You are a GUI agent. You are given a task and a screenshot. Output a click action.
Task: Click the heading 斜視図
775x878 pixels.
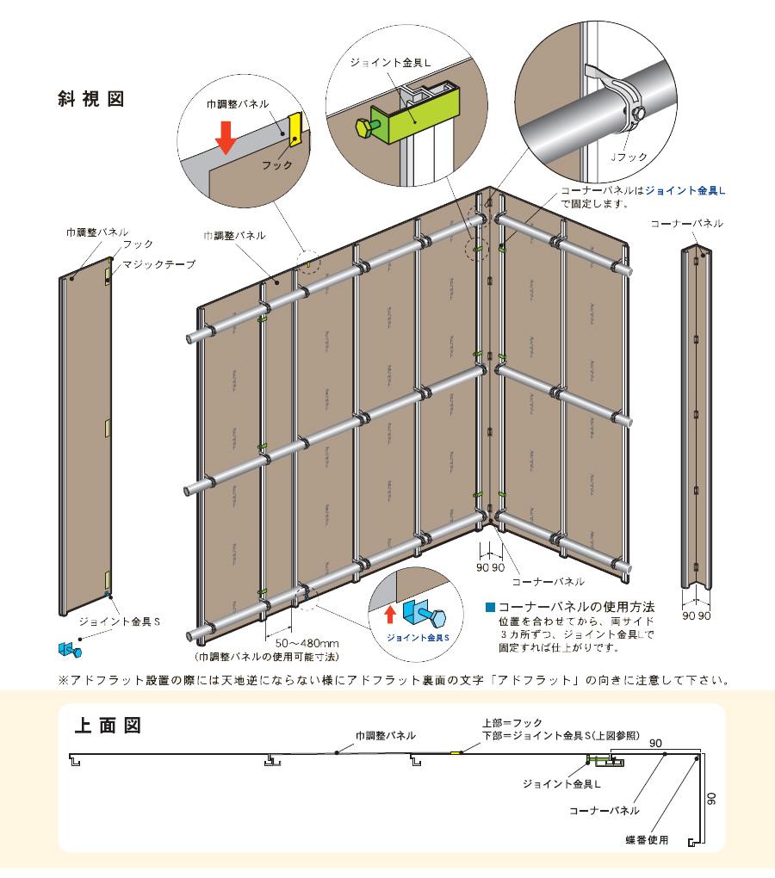point(90,98)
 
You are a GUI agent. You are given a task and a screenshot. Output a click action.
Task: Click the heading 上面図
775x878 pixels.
point(107,725)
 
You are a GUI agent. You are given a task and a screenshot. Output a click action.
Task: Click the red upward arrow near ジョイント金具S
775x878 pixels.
point(389,613)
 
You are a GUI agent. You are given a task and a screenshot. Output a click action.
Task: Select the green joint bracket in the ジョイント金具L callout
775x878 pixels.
point(418,113)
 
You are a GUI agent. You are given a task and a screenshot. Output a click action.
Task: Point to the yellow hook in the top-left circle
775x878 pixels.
point(294,130)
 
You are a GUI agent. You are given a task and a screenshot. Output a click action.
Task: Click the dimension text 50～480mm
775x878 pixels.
point(307,642)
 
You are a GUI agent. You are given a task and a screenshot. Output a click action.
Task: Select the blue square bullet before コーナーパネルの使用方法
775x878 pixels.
point(491,606)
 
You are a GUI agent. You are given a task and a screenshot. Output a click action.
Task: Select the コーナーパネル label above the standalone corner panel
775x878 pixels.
point(686,224)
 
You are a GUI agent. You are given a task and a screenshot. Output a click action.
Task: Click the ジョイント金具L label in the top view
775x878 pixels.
point(561,784)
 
